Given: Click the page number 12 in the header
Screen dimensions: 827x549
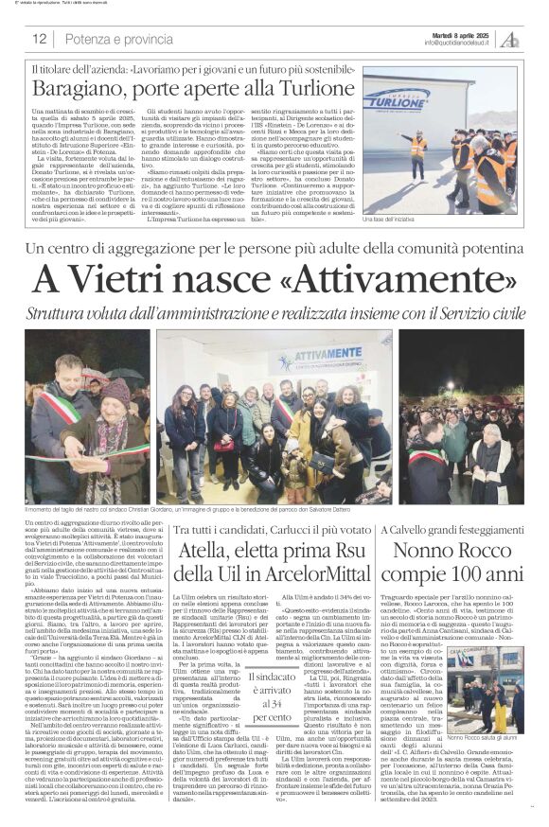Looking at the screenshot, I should [39, 39].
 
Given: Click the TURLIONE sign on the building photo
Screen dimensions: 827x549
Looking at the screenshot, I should [396, 97].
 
